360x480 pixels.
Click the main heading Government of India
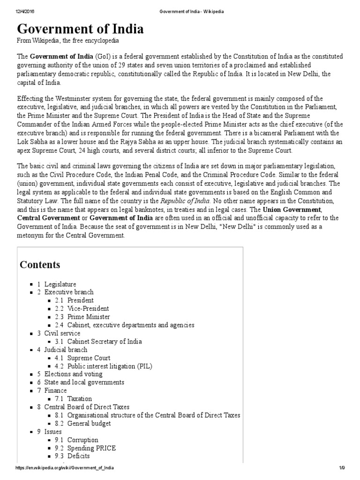(81, 30)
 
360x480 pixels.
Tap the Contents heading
(40, 265)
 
